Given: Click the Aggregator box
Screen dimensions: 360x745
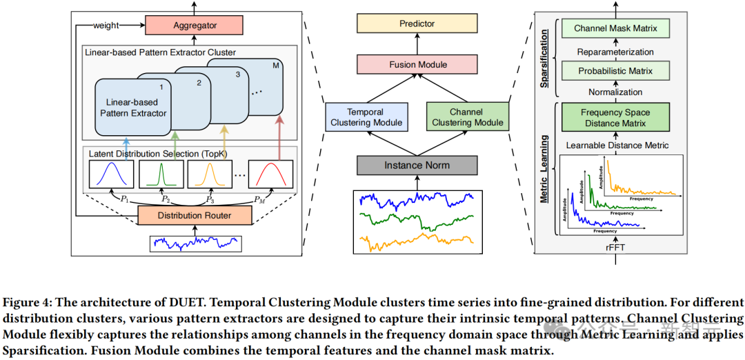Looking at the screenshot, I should [194, 26].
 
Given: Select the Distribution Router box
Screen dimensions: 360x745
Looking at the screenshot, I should [195, 216].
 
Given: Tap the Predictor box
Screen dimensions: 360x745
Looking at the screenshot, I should [417, 24].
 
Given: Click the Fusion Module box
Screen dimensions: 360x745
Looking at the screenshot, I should [417, 65].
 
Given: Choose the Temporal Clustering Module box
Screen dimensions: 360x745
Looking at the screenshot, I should [365, 117].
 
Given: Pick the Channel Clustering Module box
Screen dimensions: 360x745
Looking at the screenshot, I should [467, 117].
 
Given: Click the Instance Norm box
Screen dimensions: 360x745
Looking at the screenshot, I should [417, 166].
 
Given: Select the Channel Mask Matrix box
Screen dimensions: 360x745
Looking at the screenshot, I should [616, 29].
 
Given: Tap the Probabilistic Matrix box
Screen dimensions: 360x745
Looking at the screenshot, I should [616, 71].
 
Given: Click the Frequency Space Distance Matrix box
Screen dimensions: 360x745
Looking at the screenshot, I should [616, 118].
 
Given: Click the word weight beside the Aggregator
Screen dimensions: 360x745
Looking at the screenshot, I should [106, 26].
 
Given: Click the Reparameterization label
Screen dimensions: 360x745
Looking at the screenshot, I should [616, 51].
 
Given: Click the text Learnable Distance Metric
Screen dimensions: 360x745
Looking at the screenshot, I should [616, 146].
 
